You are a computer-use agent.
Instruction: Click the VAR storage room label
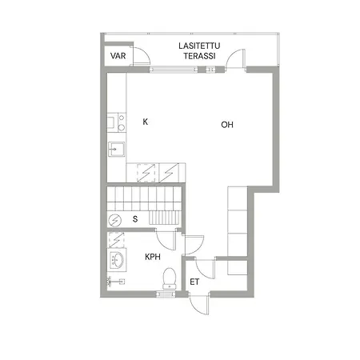tap(119, 57)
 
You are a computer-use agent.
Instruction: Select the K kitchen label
tap(145, 122)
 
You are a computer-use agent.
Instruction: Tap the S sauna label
tap(135, 218)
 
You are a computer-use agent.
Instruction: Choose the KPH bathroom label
tap(154, 258)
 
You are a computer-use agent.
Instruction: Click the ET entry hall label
tap(194, 282)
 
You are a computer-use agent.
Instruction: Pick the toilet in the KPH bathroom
tap(168, 278)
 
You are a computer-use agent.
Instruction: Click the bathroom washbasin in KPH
tap(117, 261)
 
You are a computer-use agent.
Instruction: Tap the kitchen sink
tap(116, 149)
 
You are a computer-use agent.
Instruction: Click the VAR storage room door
tap(141, 58)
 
